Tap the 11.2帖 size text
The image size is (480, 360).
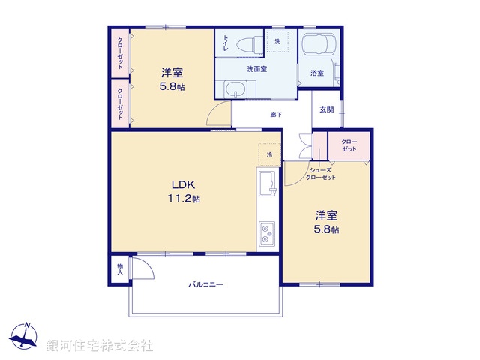pyautogui.click(x=184, y=199)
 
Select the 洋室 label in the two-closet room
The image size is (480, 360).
pyautogui.click(x=172, y=73)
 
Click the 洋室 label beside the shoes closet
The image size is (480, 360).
pyautogui.click(x=326, y=216)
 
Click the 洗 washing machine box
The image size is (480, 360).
pyautogui.click(x=277, y=42)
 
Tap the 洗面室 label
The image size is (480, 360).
pyautogui.click(x=257, y=69)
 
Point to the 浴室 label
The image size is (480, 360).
pyautogui.click(x=317, y=73)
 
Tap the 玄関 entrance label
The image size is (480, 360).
pyautogui.click(x=326, y=110)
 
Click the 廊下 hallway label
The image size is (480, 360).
pyautogui.click(x=277, y=115)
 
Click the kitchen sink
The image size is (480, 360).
pyautogui.click(x=267, y=184)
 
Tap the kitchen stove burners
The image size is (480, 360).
pyautogui.click(x=267, y=234)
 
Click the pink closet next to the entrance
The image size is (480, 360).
pyautogui.click(x=349, y=146)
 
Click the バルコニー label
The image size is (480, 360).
pyautogui.click(x=205, y=284)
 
